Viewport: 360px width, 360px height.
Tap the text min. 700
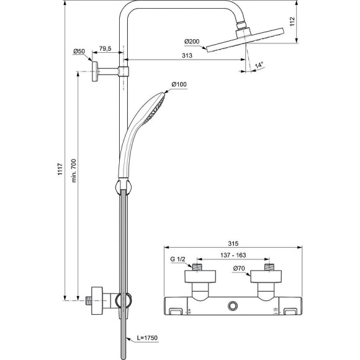73,167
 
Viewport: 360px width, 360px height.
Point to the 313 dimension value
186,55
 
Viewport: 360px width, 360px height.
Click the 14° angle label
259,64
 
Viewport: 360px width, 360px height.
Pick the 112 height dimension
292,24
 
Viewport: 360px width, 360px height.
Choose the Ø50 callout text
78,51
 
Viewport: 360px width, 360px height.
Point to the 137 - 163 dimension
233,255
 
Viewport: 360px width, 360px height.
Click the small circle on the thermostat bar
233,305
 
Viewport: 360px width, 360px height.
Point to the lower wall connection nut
96,297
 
